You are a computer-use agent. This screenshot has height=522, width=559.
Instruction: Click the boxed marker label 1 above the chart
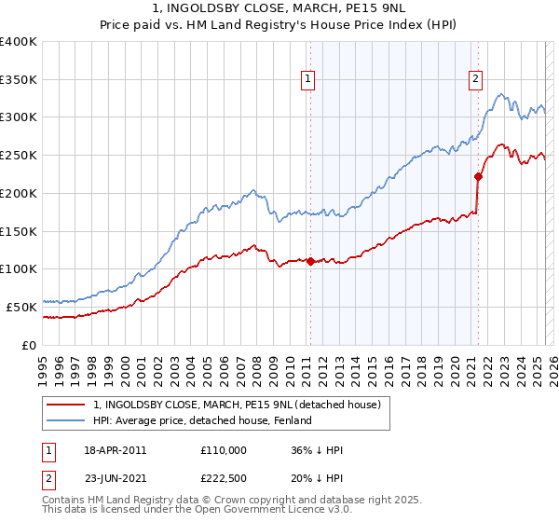pos(307,80)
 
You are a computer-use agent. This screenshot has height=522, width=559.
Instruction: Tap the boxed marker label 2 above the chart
pos(475,80)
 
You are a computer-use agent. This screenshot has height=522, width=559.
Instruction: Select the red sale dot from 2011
pos(310,261)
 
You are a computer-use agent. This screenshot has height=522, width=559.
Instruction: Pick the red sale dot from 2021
pos(478,175)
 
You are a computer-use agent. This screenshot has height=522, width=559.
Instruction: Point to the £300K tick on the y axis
pos(20,117)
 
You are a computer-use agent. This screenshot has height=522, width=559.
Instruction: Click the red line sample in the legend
pos(66,405)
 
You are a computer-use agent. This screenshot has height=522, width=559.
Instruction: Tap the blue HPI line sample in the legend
pos(66,421)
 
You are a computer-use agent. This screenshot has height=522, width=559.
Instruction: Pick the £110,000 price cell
pos(223,450)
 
